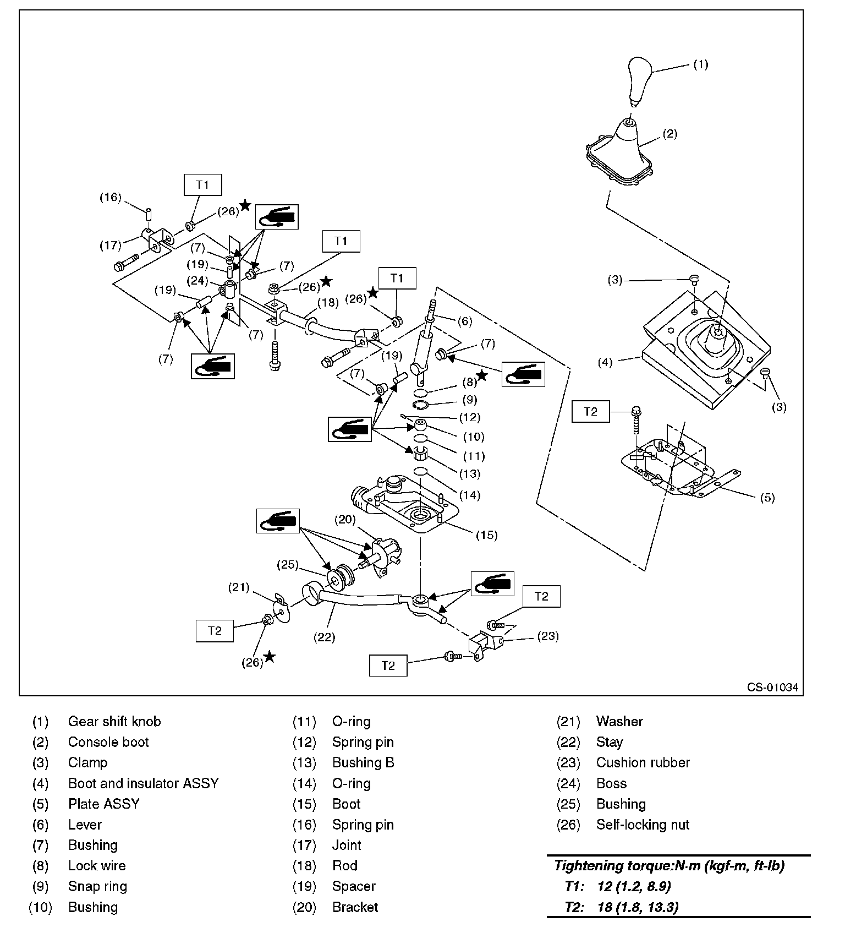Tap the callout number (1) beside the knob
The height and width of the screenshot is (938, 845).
[700, 64]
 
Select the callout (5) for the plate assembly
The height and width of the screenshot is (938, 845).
[767, 498]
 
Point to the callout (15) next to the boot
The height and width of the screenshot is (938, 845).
[486, 535]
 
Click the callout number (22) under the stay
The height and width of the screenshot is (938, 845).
[325, 637]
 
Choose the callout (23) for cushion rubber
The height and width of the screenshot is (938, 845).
[547, 636]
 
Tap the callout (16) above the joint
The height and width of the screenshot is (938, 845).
[110, 197]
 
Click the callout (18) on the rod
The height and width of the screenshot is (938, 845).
[328, 302]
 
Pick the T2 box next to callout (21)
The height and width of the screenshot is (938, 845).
[215, 630]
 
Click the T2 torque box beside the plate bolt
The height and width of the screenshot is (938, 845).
[590, 411]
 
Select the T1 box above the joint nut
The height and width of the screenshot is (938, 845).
[202, 184]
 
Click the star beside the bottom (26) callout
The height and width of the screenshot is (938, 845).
[269, 656]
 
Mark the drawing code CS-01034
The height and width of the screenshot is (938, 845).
[772, 687]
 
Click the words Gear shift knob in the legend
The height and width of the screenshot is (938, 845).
[114, 721]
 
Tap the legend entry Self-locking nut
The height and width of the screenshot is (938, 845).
[643, 825]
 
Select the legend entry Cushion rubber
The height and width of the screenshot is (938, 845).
[643, 762]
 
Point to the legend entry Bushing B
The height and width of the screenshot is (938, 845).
[363, 762]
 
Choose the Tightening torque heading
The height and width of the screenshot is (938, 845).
[669, 866]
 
